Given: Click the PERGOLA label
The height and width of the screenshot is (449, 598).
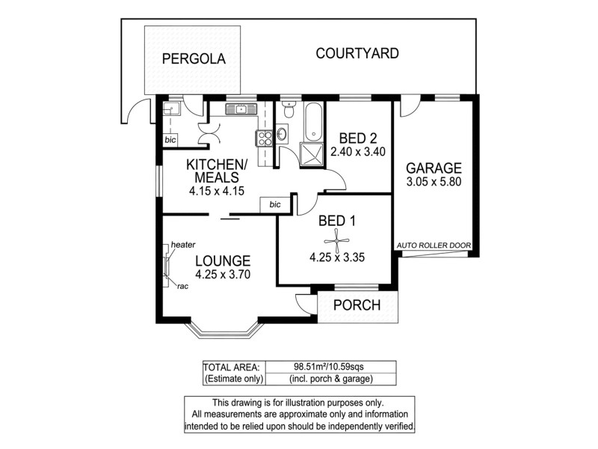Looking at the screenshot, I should click(194, 59).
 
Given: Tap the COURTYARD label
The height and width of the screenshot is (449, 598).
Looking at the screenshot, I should click(357, 54).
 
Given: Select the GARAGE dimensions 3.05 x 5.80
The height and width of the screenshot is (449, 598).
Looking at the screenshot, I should click(434, 182).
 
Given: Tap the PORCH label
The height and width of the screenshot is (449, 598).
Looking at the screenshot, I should click(357, 305).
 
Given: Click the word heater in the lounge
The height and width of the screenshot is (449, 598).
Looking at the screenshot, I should click(183, 245).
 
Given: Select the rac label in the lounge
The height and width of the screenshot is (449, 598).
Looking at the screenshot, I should click(182, 285).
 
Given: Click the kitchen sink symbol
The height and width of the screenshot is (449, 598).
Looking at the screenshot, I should click(241, 110).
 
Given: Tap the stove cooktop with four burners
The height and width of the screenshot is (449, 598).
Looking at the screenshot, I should click(265, 138).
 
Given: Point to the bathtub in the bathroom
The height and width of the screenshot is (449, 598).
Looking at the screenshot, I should click(313, 119).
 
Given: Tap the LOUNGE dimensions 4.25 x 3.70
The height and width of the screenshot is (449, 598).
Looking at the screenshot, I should click(222, 275).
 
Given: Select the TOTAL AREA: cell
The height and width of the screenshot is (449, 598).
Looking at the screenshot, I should click(232, 367).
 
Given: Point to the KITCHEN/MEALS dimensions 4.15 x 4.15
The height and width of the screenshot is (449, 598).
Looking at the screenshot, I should click(217, 191).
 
